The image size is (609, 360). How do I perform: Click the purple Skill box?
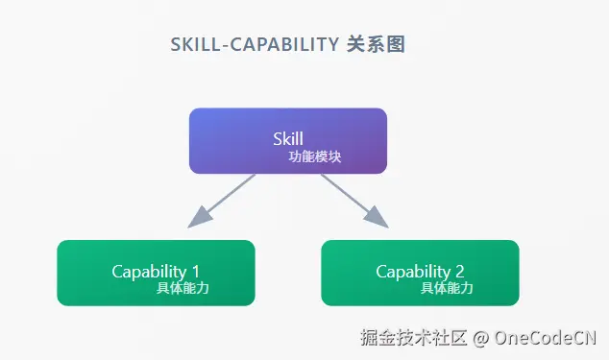tap(288, 140)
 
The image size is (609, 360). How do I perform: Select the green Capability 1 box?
tap(156, 273)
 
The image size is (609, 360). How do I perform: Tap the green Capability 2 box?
tap(420, 273)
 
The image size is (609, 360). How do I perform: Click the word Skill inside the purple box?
tap(288, 139)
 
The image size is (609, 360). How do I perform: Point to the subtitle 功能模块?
tap(314, 156)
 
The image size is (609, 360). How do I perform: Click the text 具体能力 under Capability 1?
tap(182, 288)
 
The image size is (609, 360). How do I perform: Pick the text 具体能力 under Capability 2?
tap(447, 288)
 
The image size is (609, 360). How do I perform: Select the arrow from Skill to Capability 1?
tap(226, 198)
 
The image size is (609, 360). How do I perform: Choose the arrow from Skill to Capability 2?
tap(351, 198)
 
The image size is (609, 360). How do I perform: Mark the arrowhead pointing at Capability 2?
tap(378, 219)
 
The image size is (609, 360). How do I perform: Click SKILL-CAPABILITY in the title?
tap(253, 46)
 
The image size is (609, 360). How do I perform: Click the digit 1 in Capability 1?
tap(196, 272)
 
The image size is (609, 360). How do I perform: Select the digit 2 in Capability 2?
tap(460, 272)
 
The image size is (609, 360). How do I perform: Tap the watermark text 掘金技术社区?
tap(413, 338)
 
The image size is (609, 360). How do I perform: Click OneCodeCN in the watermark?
tap(546, 338)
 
